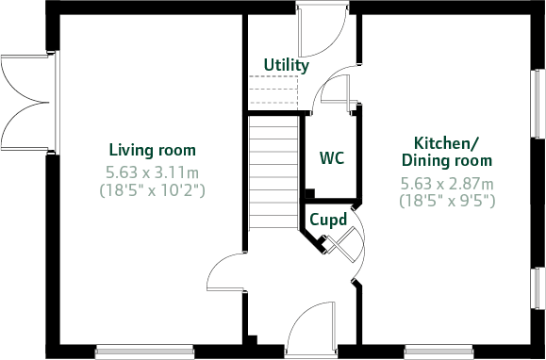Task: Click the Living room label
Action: tap(152, 150)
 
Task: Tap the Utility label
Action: tap(287, 65)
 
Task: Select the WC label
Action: tap(331, 157)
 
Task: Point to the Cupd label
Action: tap(329, 220)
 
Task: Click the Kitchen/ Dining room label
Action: tap(447, 152)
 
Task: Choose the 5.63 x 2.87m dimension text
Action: tap(447, 183)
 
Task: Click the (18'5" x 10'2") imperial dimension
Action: tap(152, 189)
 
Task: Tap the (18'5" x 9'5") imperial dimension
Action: tap(447, 200)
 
